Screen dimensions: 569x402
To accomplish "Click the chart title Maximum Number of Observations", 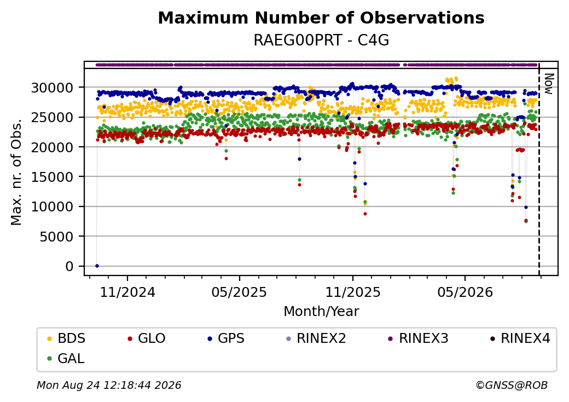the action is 321,18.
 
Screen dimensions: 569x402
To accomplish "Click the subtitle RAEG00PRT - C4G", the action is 321,41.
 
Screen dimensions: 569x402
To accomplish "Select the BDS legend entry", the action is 66,338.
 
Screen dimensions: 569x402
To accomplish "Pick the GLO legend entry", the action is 147,338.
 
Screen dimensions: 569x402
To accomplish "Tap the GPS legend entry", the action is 226,338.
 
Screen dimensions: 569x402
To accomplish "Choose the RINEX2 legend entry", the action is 316,338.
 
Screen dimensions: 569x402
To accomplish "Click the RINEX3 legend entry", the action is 419,338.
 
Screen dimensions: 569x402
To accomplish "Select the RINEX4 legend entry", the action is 520,338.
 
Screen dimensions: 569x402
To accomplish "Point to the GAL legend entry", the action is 66,358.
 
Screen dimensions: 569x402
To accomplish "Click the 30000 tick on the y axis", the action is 53,88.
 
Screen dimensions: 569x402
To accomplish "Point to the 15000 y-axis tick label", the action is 53,177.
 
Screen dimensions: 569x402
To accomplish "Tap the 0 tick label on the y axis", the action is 69,266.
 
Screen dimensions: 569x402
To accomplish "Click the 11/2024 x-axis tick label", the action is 127,292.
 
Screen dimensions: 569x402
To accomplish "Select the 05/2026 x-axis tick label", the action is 465,292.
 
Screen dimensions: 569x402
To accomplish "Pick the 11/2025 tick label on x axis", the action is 353,292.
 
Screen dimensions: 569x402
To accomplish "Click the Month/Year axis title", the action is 321,311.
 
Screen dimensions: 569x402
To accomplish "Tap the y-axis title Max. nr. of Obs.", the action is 16,172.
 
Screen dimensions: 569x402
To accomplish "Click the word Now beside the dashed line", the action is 549,84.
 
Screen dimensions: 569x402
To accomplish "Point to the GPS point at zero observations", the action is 97,266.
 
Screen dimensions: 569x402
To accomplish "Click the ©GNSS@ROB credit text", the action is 512,385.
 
